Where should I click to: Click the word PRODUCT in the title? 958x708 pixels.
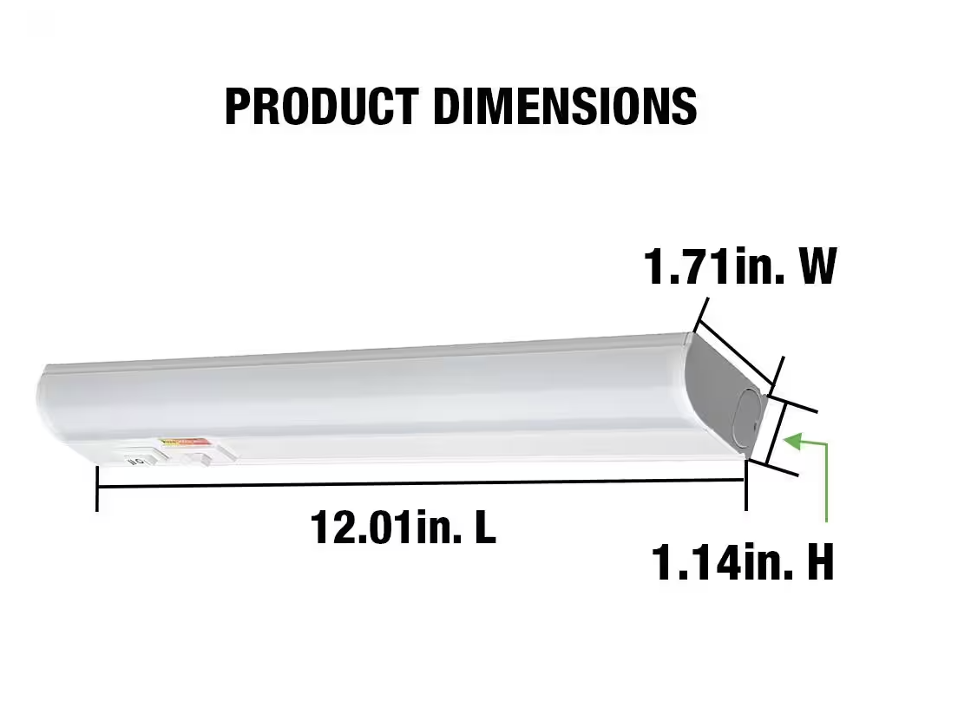tap(321, 107)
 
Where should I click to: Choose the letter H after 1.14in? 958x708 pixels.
tap(819, 563)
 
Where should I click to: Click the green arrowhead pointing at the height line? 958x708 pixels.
tap(791, 441)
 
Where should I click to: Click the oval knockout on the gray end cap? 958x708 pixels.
tap(747, 421)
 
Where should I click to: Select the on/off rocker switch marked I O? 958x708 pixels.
tap(136, 457)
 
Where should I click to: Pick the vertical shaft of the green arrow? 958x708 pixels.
tap(827, 486)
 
